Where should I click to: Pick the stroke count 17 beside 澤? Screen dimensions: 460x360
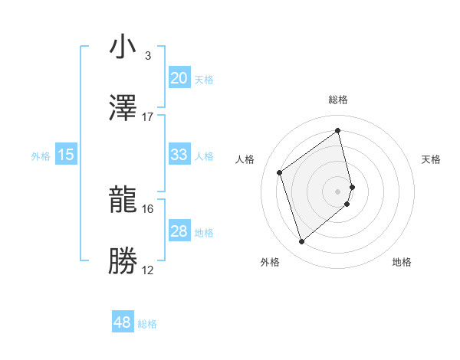(x=148, y=116)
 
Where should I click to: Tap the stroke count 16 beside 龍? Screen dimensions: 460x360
(x=148, y=208)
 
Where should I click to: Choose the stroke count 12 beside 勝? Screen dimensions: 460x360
(x=148, y=270)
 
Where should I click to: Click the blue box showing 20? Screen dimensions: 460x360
(x=179, y=78)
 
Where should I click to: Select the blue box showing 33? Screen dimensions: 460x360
(x=179, y=155)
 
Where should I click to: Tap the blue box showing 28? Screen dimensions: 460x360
(x=179, y=231)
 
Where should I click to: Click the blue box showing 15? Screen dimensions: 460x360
(x=66, y=155)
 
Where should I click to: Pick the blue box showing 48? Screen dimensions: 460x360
(x=123, y=323)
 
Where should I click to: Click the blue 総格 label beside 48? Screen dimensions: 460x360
(x=147, y=324)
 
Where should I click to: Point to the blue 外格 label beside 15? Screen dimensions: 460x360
(x=41, y=155)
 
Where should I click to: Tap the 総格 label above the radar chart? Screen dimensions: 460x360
(x=338, y=100)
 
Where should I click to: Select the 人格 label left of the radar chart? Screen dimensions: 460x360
(x=245, y=159)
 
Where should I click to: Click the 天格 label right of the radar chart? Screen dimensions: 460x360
(x=431, y=159)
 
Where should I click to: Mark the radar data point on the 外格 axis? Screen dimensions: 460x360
(x=301, y=242)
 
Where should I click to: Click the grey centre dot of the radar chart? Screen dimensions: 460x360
(x=338, y=191)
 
